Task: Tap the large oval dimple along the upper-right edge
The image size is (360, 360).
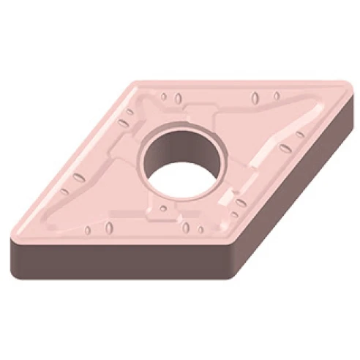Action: [255, 98]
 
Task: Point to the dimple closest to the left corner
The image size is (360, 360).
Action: [64, 192]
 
